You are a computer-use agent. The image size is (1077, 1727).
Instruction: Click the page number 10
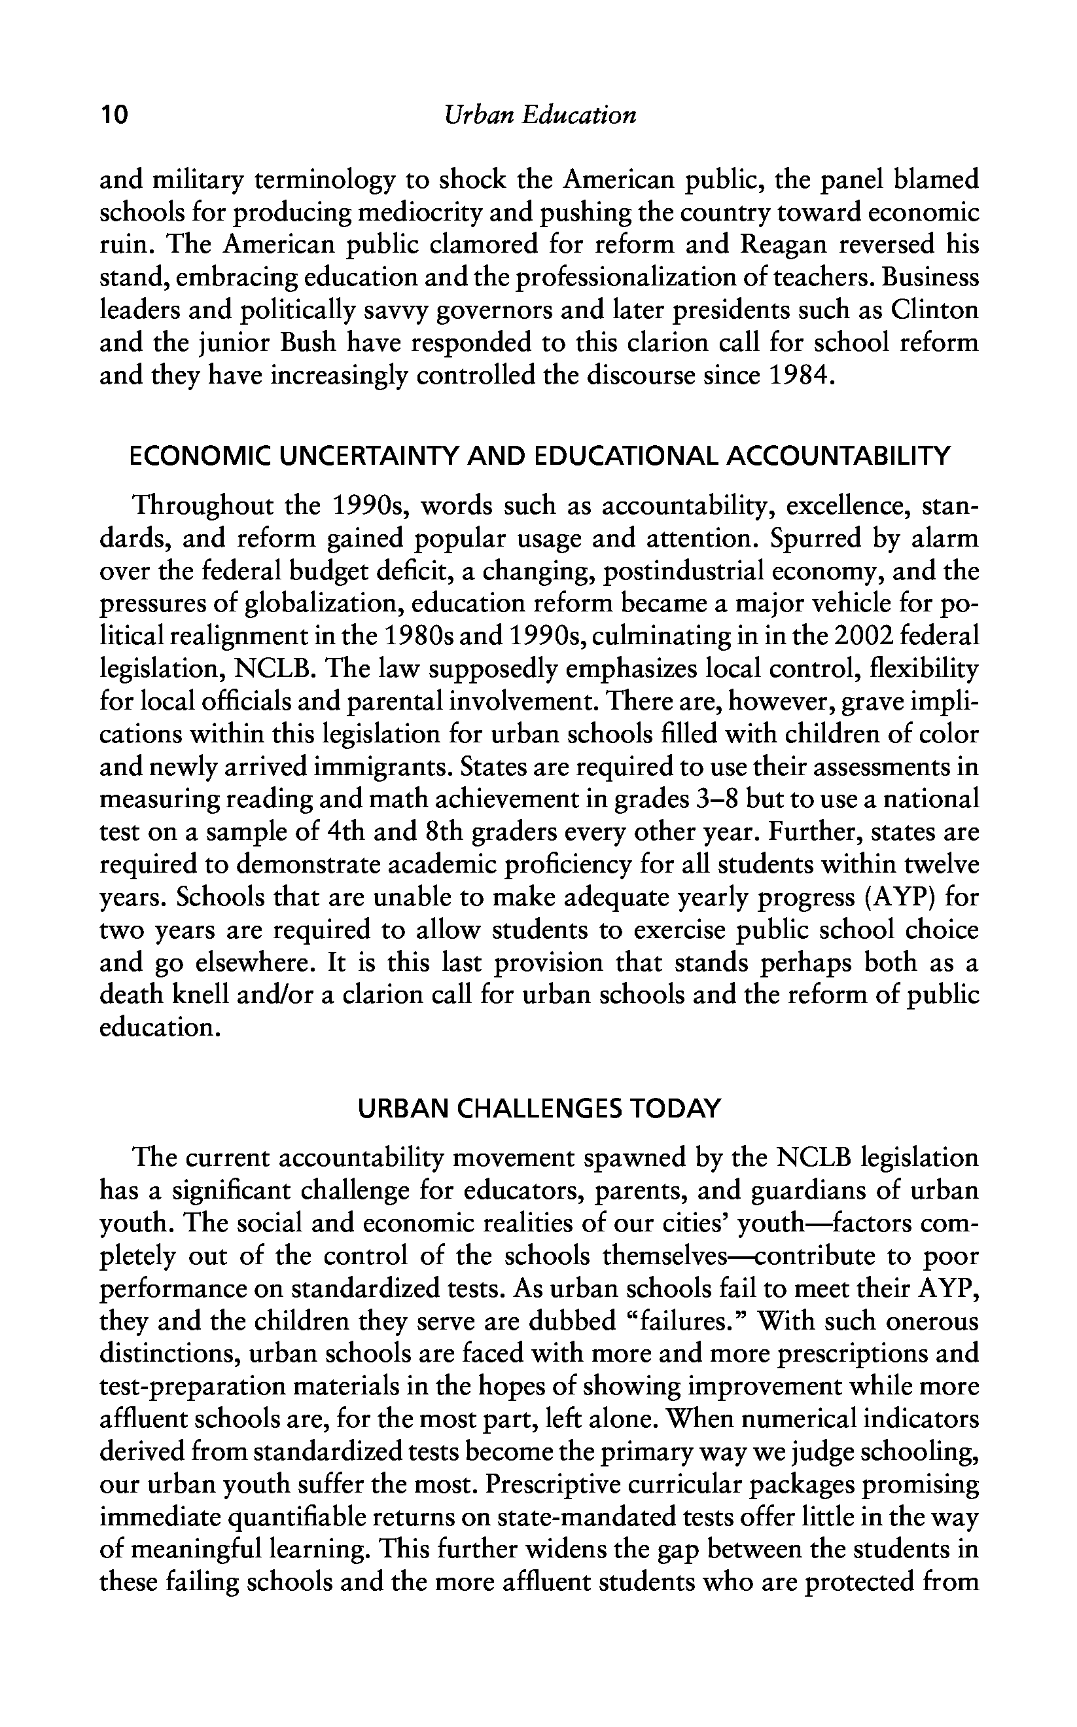click(114, 115)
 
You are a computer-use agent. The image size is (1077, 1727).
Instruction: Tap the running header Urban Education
click(539, 115)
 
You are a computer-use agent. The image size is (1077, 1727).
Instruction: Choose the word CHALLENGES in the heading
click(537, 1109)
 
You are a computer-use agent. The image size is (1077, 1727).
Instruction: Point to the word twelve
click(942, 864)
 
